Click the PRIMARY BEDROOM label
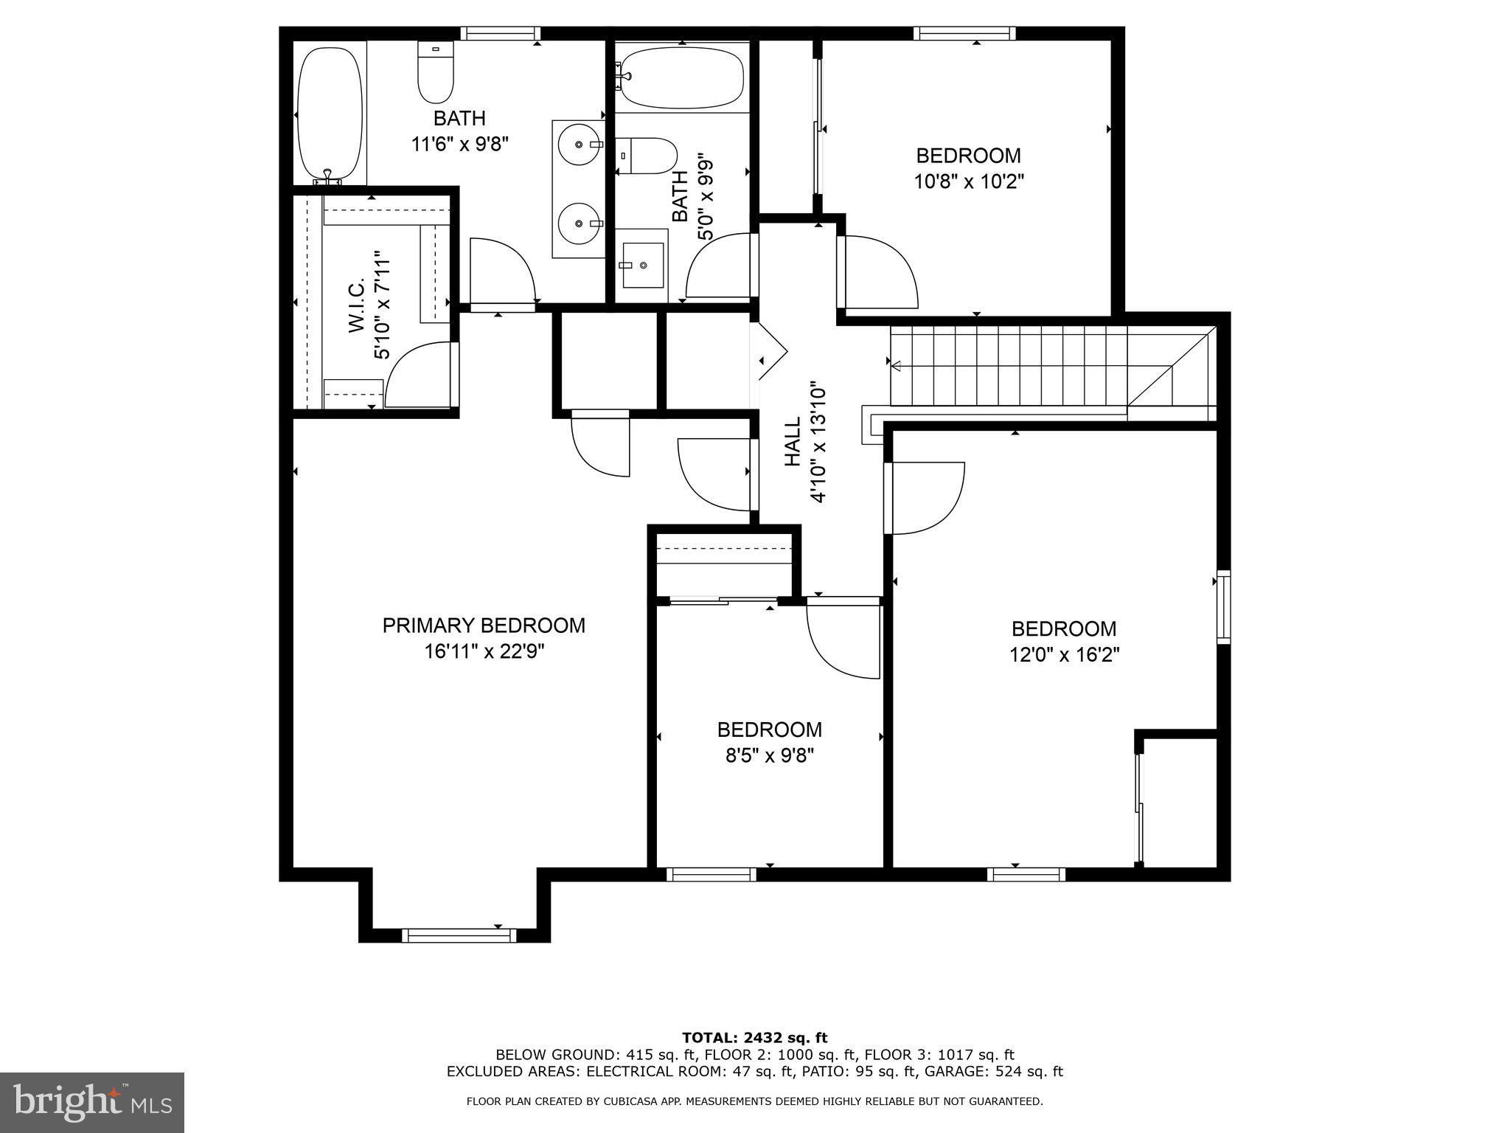484,626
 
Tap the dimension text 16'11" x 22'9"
484,652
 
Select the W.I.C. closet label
357,305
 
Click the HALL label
793,442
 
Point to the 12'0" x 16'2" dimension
1064,655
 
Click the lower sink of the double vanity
580,222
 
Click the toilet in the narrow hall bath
648,156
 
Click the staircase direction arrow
897,365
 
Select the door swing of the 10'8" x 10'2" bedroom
880,271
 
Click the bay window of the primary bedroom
459,935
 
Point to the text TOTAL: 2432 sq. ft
754,1039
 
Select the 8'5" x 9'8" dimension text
769,756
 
